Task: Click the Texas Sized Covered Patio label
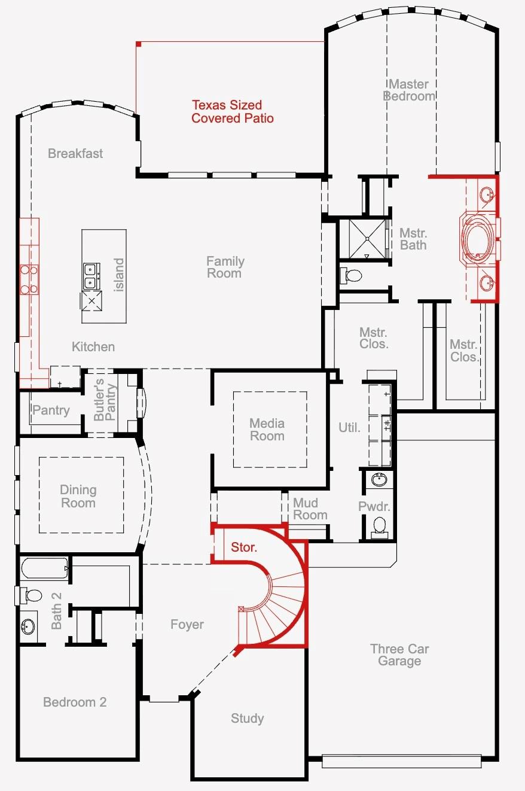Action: pos(232,112)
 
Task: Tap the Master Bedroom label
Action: pos(410,90)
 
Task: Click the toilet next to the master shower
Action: pos(352,276)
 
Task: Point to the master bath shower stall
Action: pos(361,239)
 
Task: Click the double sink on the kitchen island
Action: pos(91,275)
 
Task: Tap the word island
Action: pos(119,275)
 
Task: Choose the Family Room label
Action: pos(225,267)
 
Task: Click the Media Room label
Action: pos(267,430)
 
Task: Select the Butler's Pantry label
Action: pos(105,400)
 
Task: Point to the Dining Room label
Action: pos(78,496)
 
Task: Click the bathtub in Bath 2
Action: pos(45,567)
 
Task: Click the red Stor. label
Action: pos(244,547)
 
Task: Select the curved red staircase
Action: pos(281,604)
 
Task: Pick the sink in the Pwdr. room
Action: pos(379,479)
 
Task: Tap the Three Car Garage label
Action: pos(399,655)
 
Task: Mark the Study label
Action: pos(247,718)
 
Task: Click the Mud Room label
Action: pos(310,509)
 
